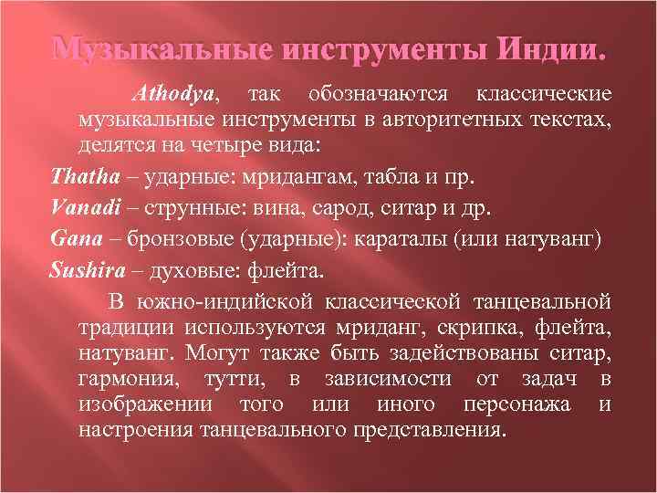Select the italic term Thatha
pyautogui.click(x=81, y=174)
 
